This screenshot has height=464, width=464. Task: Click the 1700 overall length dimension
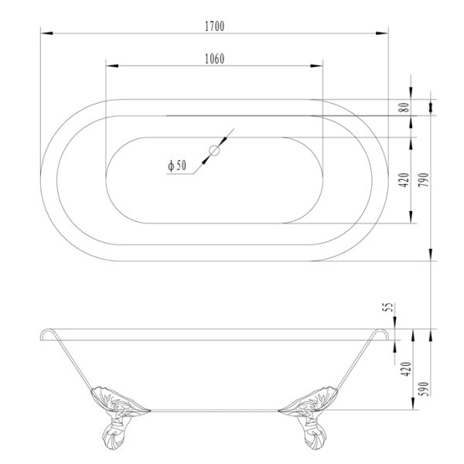tap(214, 26)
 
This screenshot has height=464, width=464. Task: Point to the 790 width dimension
tap(423, 183)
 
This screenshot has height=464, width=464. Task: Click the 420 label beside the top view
tap(404, 183)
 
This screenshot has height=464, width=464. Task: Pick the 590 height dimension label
tap(423, 389)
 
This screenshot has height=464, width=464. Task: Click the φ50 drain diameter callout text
tap(177, 165)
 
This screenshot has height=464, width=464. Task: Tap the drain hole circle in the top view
tap(214, 151)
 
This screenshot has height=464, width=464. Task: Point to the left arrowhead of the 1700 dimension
tap(43, 33)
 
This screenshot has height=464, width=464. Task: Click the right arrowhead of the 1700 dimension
tap(384, 33)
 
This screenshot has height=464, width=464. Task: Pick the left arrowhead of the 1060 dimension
tap(108, 67)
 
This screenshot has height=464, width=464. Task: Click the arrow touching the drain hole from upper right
tap(224, 141)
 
